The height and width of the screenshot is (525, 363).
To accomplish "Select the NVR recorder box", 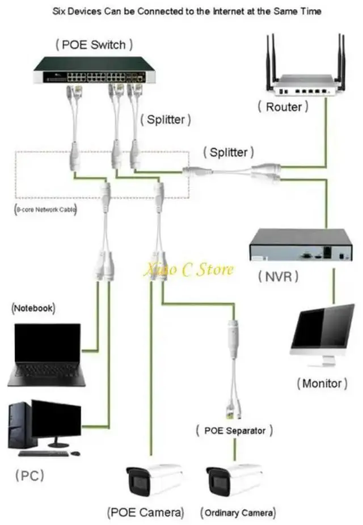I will [301, 245].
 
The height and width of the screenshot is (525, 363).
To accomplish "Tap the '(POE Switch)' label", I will [95, 44].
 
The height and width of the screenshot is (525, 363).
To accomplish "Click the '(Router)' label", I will [283, 106].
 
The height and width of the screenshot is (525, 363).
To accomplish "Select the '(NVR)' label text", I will [278, 277].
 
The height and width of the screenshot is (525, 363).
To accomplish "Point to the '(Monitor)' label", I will [322, 383].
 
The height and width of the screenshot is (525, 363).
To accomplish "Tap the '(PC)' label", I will [29, 474].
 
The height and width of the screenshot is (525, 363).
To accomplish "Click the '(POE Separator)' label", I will [234, 431].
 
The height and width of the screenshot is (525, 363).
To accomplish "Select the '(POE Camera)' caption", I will [146, 513].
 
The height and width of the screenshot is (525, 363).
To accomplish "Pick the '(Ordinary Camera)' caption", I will [238, 513].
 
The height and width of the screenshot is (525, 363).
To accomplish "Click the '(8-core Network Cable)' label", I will [45, 209].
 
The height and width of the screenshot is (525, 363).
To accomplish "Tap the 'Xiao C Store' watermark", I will [188, 269].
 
